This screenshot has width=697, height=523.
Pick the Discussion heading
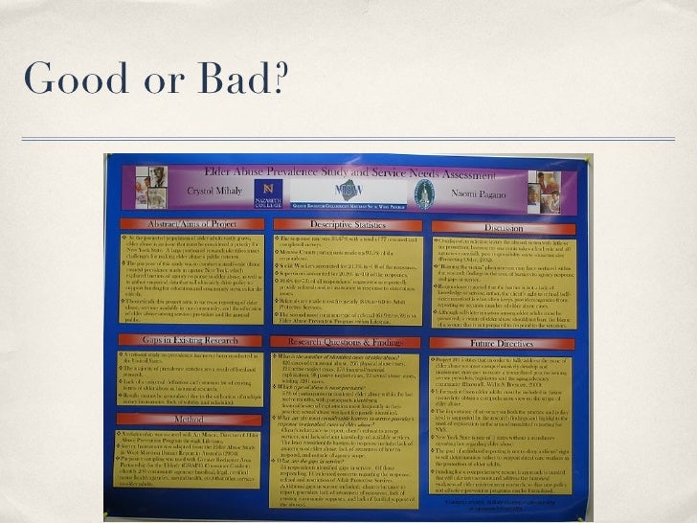pos(504,228)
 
